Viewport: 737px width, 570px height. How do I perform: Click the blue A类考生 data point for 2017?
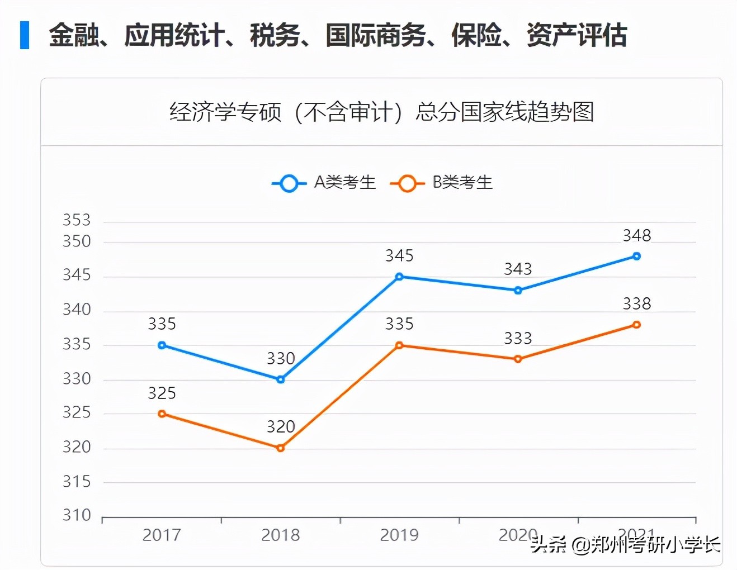(x=162, y=345)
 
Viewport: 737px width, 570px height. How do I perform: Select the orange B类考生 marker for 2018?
(x=281, y=448)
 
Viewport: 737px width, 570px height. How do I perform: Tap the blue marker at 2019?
(x=399, y=277)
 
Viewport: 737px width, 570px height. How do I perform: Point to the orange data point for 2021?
(x=636, y=325)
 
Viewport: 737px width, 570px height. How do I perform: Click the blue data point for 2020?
(x=518, y=291)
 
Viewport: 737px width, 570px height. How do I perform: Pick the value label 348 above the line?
(x=636, y=236)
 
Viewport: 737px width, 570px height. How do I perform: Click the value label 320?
(x=281, y=427)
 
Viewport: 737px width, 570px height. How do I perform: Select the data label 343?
(x=518, y=269)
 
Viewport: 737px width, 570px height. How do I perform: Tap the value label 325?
(x=162, y=393)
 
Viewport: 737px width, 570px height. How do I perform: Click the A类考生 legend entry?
(x=324, y=183)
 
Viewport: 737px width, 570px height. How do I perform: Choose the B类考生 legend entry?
(x=442, y=183)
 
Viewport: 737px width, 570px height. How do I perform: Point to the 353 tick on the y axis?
(x=77, y=220)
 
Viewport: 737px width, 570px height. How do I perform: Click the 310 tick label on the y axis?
(x=77, y=515)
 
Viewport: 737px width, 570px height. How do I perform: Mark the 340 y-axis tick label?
(x=77, y=310)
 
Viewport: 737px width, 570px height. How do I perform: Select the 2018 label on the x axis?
(x=281, y=535)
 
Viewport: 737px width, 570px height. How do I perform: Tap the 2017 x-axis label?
(x=162, y=535)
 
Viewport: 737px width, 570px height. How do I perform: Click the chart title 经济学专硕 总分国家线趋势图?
(x=381, y=112)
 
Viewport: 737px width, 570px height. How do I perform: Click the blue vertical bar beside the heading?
(x=25, y=35)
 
